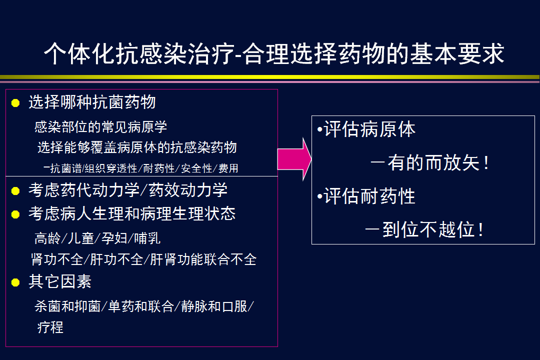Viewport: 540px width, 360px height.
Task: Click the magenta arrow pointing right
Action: tap(294, 159)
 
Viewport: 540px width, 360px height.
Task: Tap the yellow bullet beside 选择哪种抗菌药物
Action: tap(15, 103)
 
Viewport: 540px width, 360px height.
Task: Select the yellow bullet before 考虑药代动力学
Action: tap(15, 191)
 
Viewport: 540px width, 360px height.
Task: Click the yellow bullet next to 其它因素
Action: tap(15, 282)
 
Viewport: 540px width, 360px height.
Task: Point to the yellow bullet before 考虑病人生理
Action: tap(15, 214)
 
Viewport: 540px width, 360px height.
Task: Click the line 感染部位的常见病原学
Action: tap(100, 127)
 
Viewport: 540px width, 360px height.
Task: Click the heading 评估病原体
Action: tap(369, 129)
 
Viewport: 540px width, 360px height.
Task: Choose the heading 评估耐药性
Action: tap(369, 196)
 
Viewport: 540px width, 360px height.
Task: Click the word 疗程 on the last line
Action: tap(50, 327)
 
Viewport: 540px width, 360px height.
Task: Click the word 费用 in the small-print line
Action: tap(228, 168)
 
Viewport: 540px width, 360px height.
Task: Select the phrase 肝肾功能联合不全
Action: tap(203, 259)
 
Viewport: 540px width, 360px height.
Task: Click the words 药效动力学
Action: tap(188, 190)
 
